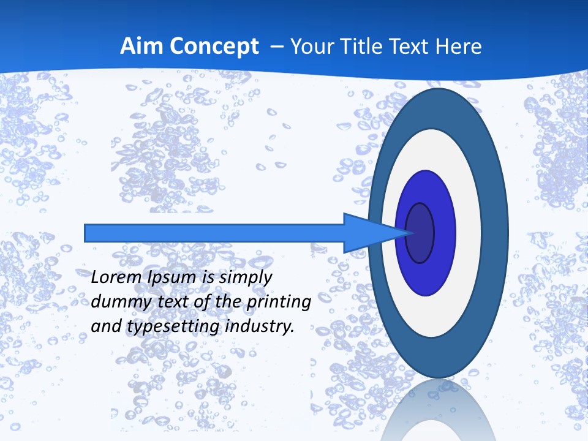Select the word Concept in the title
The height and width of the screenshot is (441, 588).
216,47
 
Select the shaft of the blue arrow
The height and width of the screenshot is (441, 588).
214,233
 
